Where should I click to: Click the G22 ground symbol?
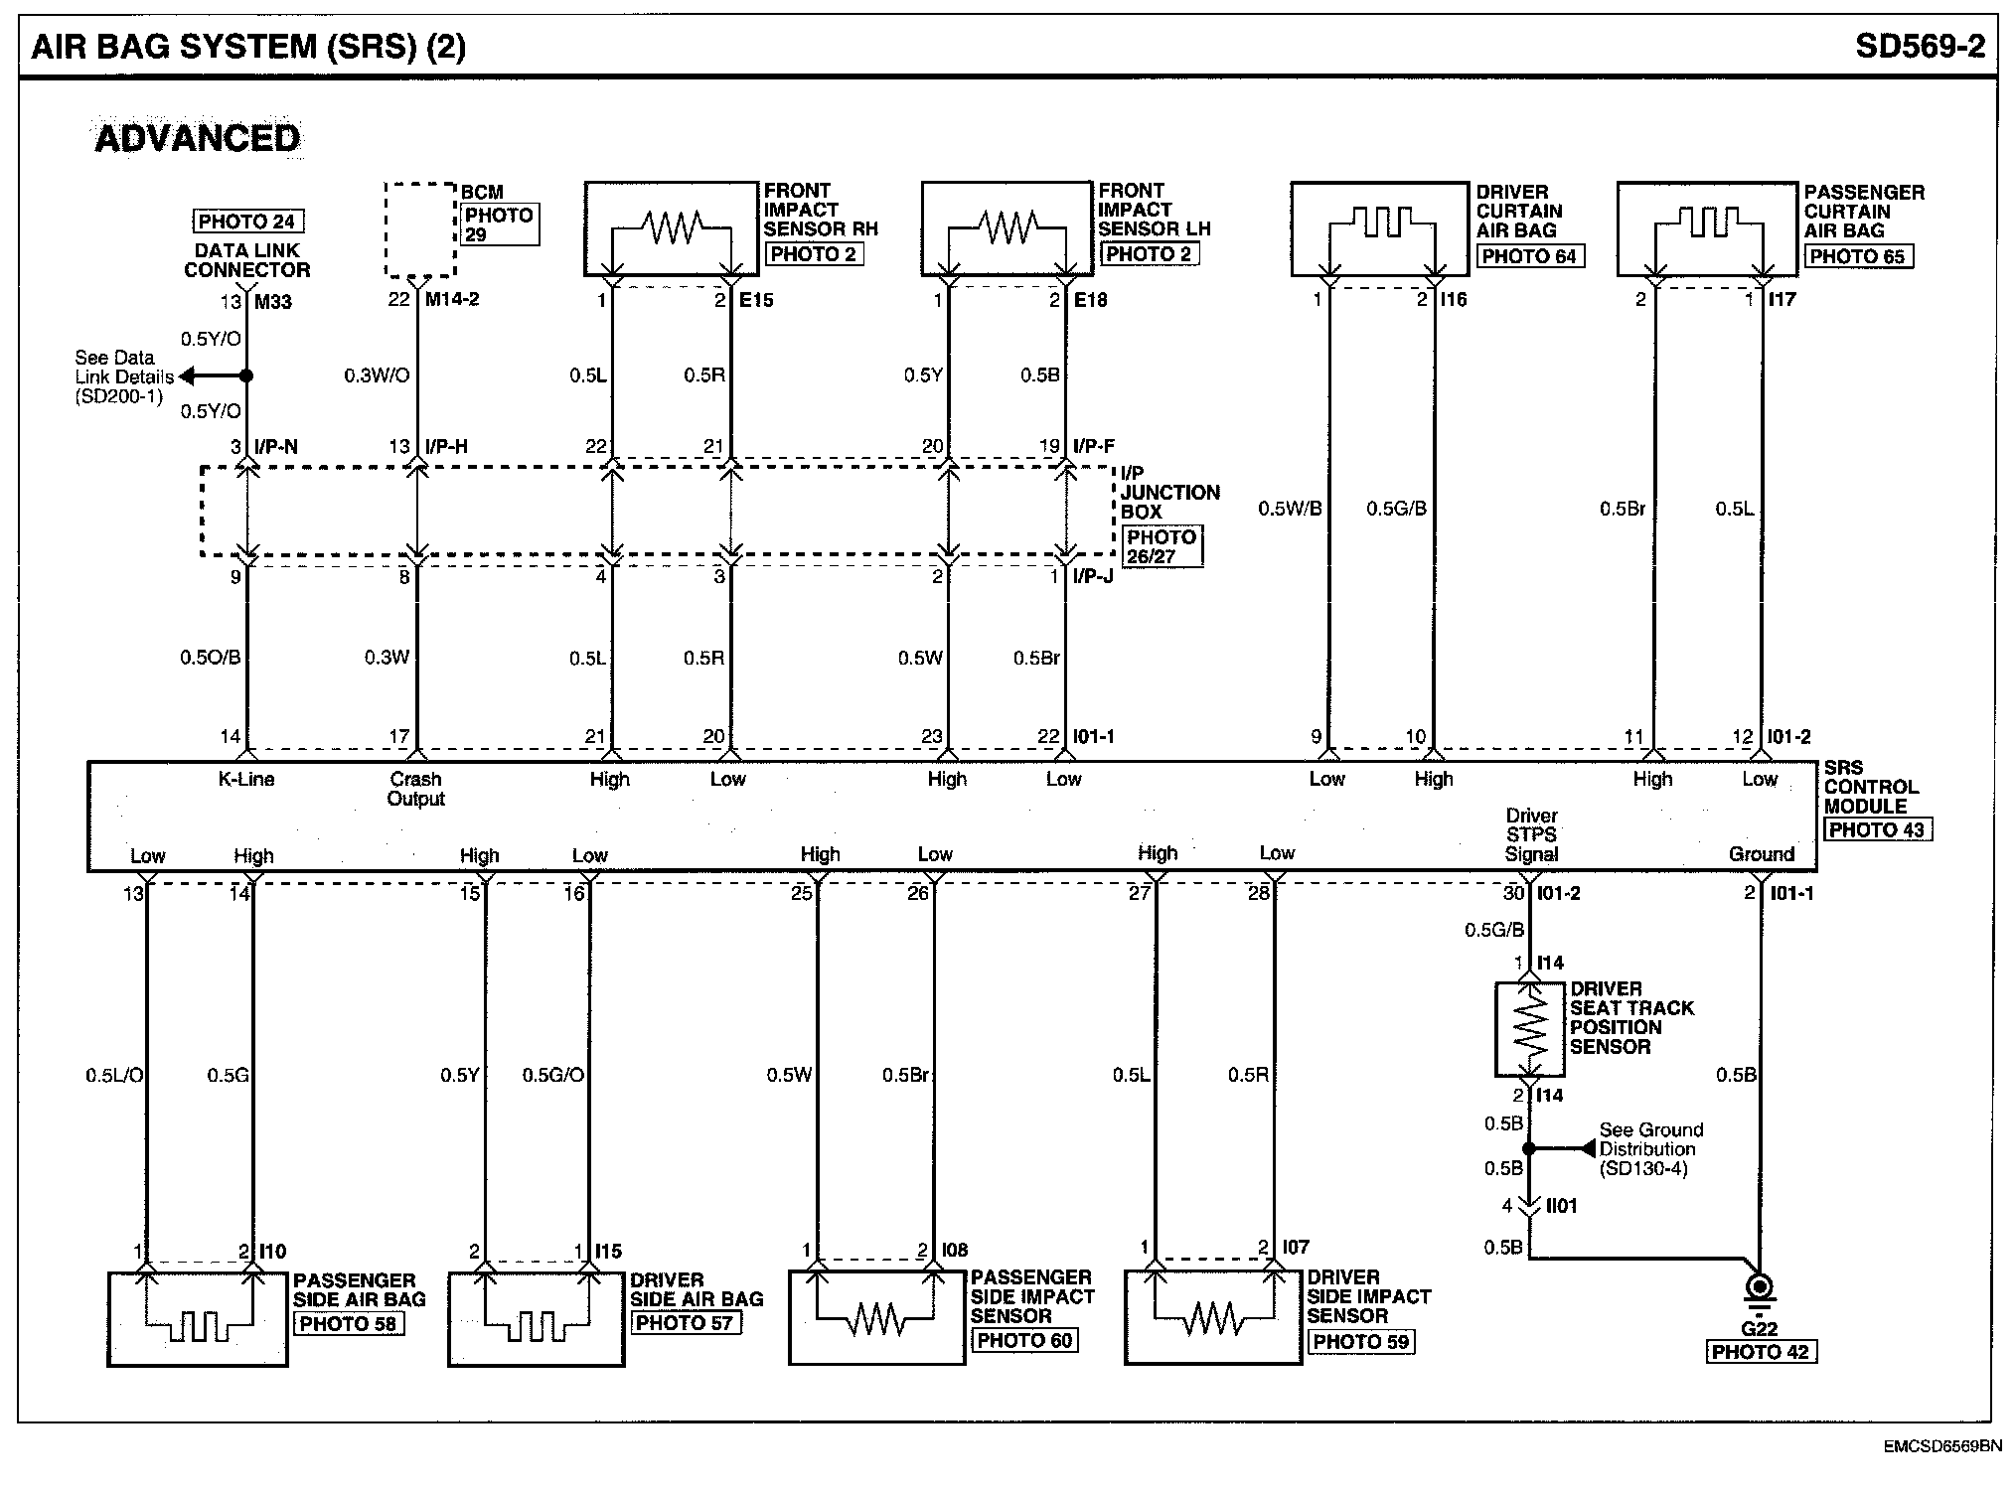[x=1760, y=1292]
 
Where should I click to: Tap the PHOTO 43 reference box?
[x=1877, y=830]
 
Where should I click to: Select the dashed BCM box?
[x=420, y=229]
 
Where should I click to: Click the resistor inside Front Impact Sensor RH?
[x=673, y=227]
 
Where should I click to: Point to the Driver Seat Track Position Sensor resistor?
[x=1530, y=1028]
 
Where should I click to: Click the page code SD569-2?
[x=1919, y=46]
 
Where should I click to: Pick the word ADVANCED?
[x=197, y=138]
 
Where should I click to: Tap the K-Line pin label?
[x=245, y=780]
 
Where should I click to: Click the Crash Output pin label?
[x=415, y=789]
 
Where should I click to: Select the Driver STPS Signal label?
[x=1531, y=834]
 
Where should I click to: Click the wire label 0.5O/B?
[x=211, y=658]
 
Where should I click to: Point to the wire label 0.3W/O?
[x=377, y=375]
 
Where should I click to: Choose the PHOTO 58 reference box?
[x=348, y=1324]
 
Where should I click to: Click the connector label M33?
[x=272, y=302]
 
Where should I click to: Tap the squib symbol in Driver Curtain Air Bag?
[x=1381, y=225]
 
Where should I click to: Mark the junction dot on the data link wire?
[x=247, y=376]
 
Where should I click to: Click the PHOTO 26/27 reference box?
[x=1161, y=546]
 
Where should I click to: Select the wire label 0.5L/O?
[x=114, y=1075]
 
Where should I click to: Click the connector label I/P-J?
[x=1093, y=576]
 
